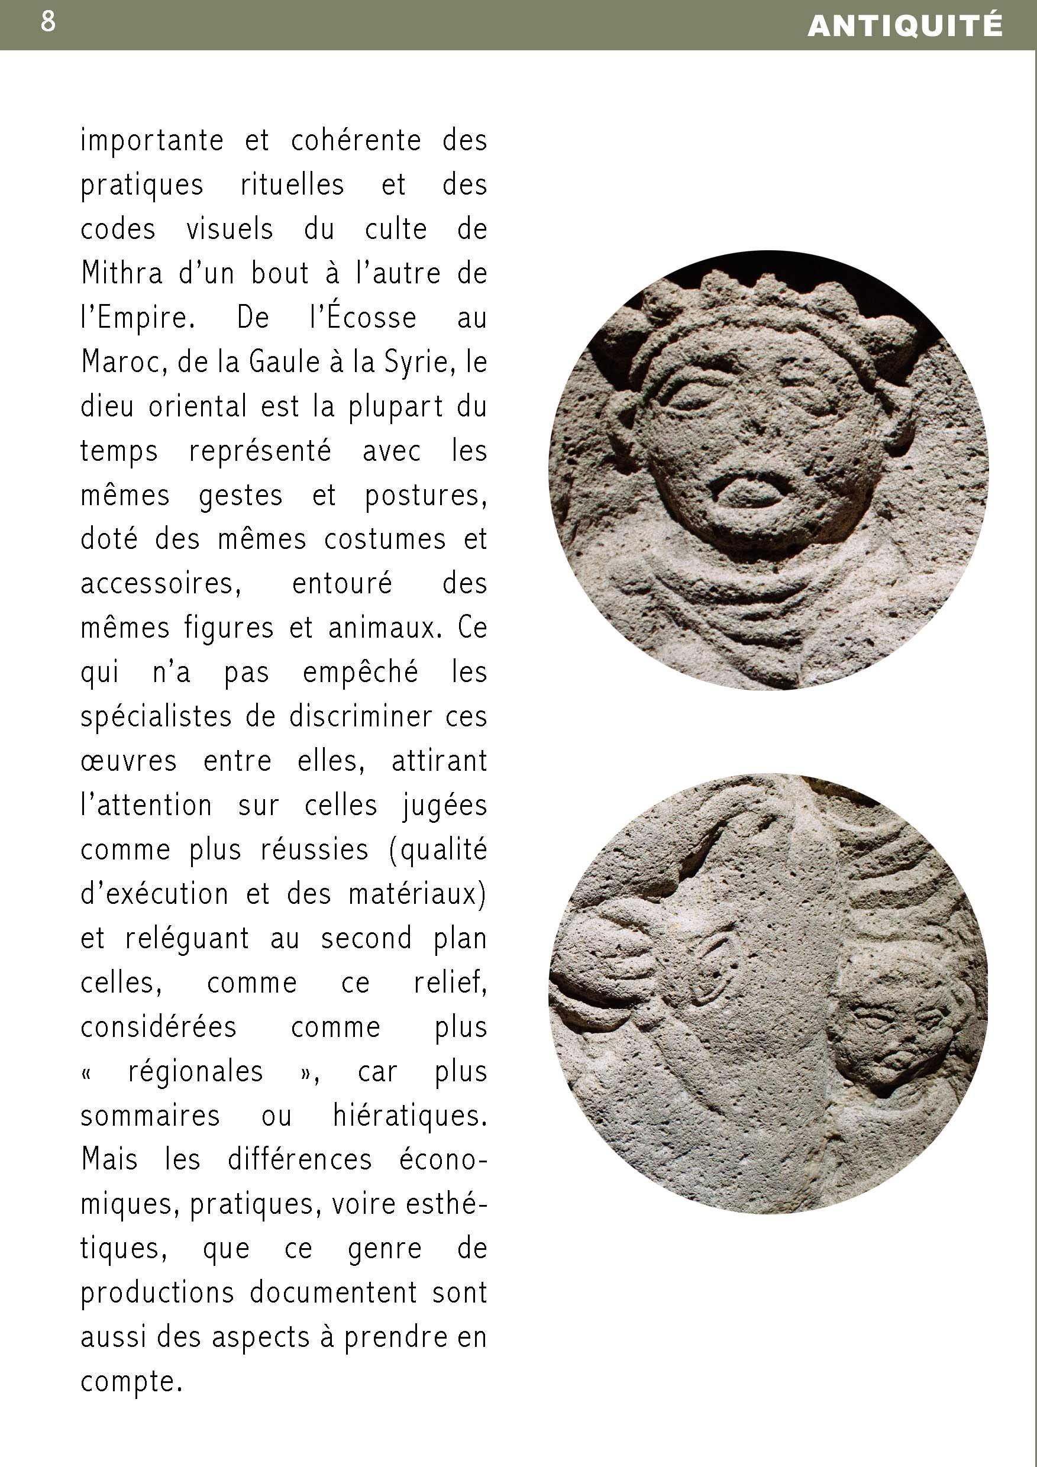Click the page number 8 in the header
(x=48, y=22)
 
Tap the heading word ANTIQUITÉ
(x=904, y=25)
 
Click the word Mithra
(x=122, y=273)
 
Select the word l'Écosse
(x=363, y=318)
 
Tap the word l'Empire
(x=137, y=318)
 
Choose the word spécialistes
(x=156, y=717)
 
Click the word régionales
(x=196, y=1071)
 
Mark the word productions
(x=157, y=1293)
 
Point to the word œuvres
(x=128, y=761)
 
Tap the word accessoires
(x=160, y=583)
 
